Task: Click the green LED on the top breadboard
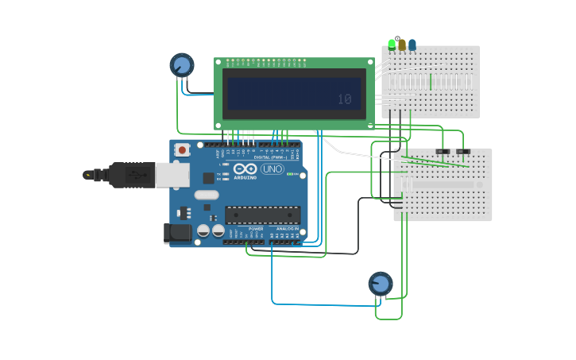(392, 44)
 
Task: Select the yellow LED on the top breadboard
(402, 45)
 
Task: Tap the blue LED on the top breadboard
(412, 45)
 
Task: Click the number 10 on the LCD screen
(344, 99)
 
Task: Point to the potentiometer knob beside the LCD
(181, 64)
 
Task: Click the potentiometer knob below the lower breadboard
(380, 283)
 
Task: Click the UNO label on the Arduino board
(273, 168)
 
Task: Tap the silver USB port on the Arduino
(172, 175)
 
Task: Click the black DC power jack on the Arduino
(176, 232)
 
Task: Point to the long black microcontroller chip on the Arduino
(262, 215)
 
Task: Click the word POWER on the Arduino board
(255, 229)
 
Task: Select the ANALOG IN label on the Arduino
(288, 229)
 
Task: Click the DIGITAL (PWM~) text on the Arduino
(270, 157)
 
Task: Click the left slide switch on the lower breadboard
(443, 151)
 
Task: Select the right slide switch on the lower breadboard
(462, 151)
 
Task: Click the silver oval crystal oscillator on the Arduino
(206, 195)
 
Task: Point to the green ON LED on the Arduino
(291, 174)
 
